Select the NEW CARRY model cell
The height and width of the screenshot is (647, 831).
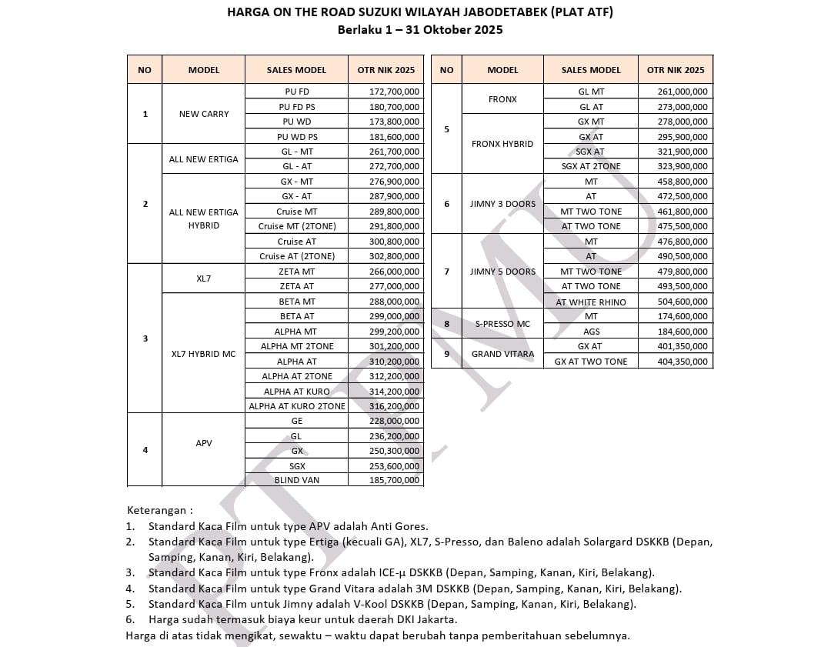pyautogui.click(x=204, y=114)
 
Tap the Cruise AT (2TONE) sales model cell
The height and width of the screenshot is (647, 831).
pyautogui.click(x=297, y=256)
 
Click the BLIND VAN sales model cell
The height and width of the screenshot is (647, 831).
pyautogui.click(x=297, y=480)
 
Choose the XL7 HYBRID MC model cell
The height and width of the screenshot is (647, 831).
pyautogui.click(x=204, y=354)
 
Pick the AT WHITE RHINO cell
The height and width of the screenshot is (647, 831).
pyautogui.click(x=591, y=302)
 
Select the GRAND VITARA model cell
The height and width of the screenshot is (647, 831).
pyautogui.click(x=502, y=354)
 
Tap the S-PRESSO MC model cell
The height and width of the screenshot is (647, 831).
pyautogui.click(x=502, y=324)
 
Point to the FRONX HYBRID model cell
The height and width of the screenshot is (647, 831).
pyautogui.click(x=502, y=144)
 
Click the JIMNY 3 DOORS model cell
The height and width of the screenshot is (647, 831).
pyautogui.click(x=502, y=204)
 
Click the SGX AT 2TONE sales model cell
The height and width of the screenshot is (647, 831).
pyautogui.click(x=591, y=166)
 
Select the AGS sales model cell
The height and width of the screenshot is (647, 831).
pyautogui.click(x=591, y=332)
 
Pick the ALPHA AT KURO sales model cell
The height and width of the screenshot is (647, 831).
pyautogui.click(x=297, y=392)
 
